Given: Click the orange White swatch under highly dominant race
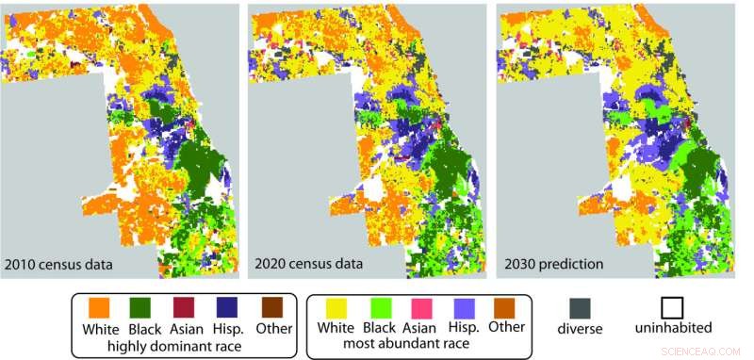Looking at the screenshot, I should (x=101, y=308).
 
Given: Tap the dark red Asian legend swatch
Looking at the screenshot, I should (x=185, y=308).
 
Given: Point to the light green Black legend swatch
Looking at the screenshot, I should (x=380, y=308).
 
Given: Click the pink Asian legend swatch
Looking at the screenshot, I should (x=421, y=308).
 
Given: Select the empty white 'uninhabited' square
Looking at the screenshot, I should (x=672, y=308).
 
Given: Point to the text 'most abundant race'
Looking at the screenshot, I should (x=420, y=345).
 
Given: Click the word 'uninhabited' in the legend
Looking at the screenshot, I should (x=673, y=329).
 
